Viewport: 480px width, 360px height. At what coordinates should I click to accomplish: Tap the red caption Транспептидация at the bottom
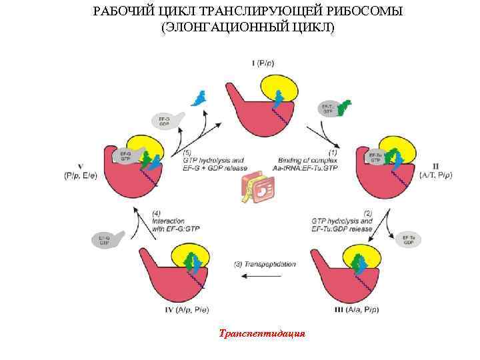pyautogui.click(x=262, y=333)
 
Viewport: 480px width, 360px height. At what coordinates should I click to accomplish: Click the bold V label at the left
pyautogui.click(x=80, y=166)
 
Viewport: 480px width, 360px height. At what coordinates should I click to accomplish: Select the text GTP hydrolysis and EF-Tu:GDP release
pyautogui.click(x=341, y=224)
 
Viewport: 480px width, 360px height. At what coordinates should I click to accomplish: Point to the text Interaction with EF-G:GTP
pyautogui.click(x=174, y=224)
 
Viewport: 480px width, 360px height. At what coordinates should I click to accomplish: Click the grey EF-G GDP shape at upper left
pyautogui.click(x=167, y=119)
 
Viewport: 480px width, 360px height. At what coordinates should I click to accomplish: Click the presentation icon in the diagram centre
pyautogui.click(x=257, y=191)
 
